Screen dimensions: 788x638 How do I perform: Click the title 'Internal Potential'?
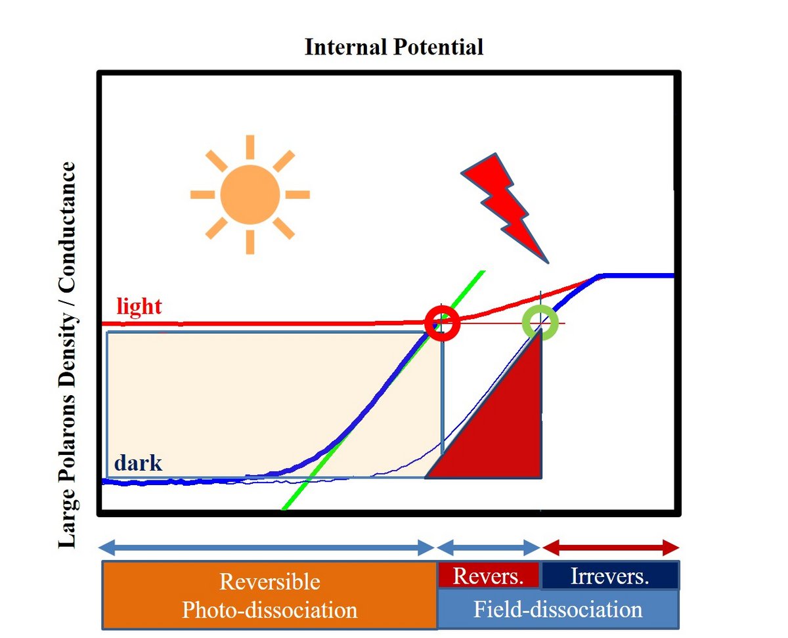(x=393, y=48)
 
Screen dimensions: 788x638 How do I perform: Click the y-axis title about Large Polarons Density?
(x=68, y=355)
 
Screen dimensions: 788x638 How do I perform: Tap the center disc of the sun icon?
(x=250, y=194)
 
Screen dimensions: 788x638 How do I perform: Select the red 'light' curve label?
(x=139, y=307)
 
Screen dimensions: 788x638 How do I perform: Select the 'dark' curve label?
(x=138, y=463)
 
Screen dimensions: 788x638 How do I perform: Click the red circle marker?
(x=442, y=323)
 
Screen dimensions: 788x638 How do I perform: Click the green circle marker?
(x=540, y=323)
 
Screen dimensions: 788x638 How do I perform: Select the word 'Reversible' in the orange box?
(x=270, y=582)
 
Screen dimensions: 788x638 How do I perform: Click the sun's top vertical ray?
(x=250, y=147)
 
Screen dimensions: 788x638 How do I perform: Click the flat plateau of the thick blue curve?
(x=637, y=276)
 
